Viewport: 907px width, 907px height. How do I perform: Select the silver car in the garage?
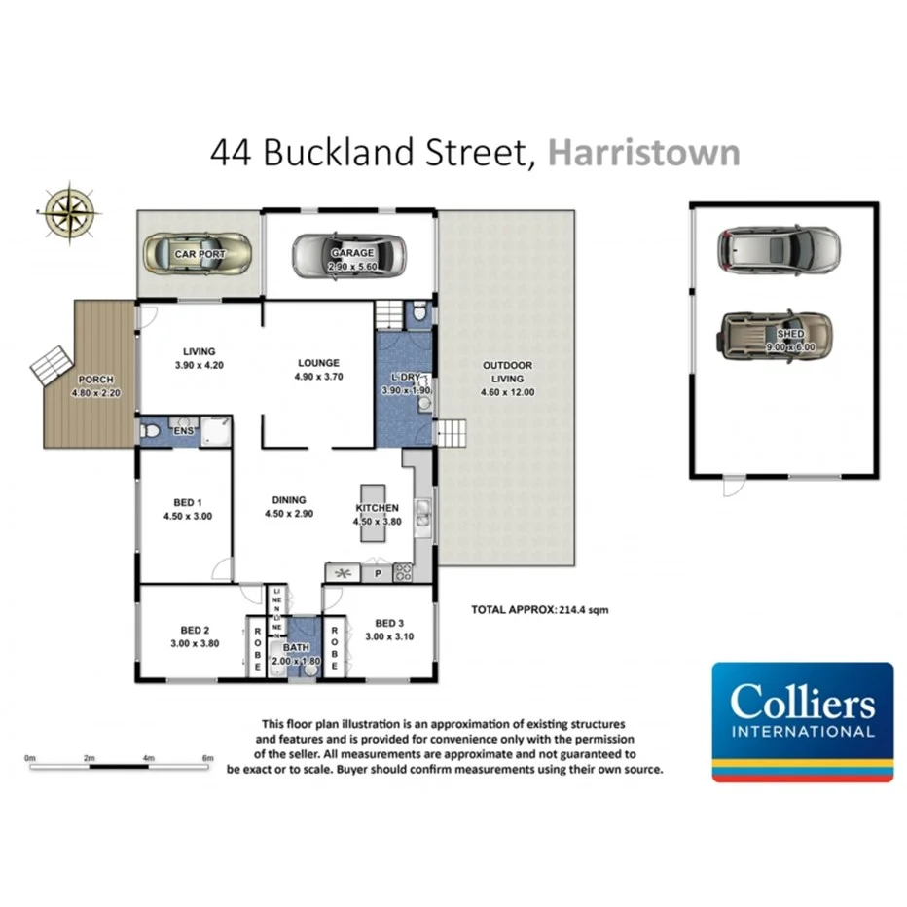tap(349, 254)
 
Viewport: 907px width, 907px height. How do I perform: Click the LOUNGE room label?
tap(318, 362)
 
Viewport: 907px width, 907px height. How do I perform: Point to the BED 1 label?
tap(187, 504)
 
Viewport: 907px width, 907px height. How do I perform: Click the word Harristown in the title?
tap(643, 153)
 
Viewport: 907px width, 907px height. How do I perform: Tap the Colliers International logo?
tap(803, 721)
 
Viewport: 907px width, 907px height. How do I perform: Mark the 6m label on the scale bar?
tap(206, 756)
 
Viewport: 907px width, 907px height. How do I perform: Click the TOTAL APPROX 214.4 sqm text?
tap(539, 610)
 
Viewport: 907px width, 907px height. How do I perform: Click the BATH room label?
tap(295, 648)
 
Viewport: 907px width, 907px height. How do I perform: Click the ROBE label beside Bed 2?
tap(258, 650)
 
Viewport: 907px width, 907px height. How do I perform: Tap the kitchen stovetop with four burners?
tap(402, 574)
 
